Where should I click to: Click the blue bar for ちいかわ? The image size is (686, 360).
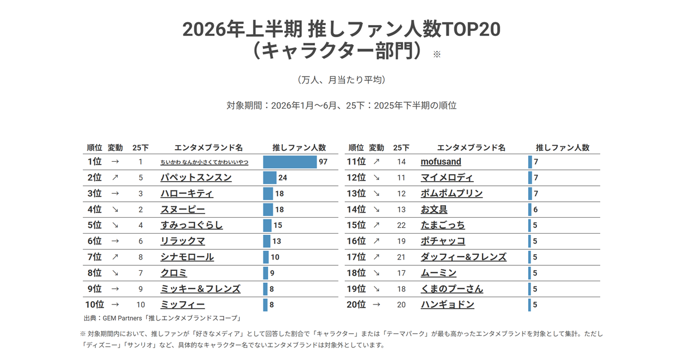point(290,162)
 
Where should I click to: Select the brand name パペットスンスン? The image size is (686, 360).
point(196,178)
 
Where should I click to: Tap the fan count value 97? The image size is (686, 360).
point(323,162)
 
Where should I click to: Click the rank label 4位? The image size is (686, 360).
point(94,209)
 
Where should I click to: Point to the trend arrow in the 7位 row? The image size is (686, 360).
point(115,257)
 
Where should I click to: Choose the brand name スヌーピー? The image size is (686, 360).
point(183,209)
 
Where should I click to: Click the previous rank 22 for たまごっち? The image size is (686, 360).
point(401,225)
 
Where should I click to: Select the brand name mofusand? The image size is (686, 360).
point(441,162)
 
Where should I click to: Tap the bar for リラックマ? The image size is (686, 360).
point(267,241)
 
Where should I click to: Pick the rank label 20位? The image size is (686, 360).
point(356,305)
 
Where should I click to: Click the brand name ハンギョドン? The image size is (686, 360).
point(448,305)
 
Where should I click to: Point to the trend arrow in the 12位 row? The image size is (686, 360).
point(376,178)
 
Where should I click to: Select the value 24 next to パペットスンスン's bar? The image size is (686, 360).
point(282,178)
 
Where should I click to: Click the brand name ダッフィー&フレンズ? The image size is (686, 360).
point(464,257)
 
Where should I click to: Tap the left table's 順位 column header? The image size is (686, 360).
point(94,148)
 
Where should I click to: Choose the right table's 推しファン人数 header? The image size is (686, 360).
point(563,148)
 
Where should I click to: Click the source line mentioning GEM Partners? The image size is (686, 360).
point(162,318)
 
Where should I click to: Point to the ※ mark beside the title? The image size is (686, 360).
point(437,54)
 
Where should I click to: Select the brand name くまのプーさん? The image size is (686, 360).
point(452,289)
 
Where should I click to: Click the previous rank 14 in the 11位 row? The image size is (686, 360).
point(401,162)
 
